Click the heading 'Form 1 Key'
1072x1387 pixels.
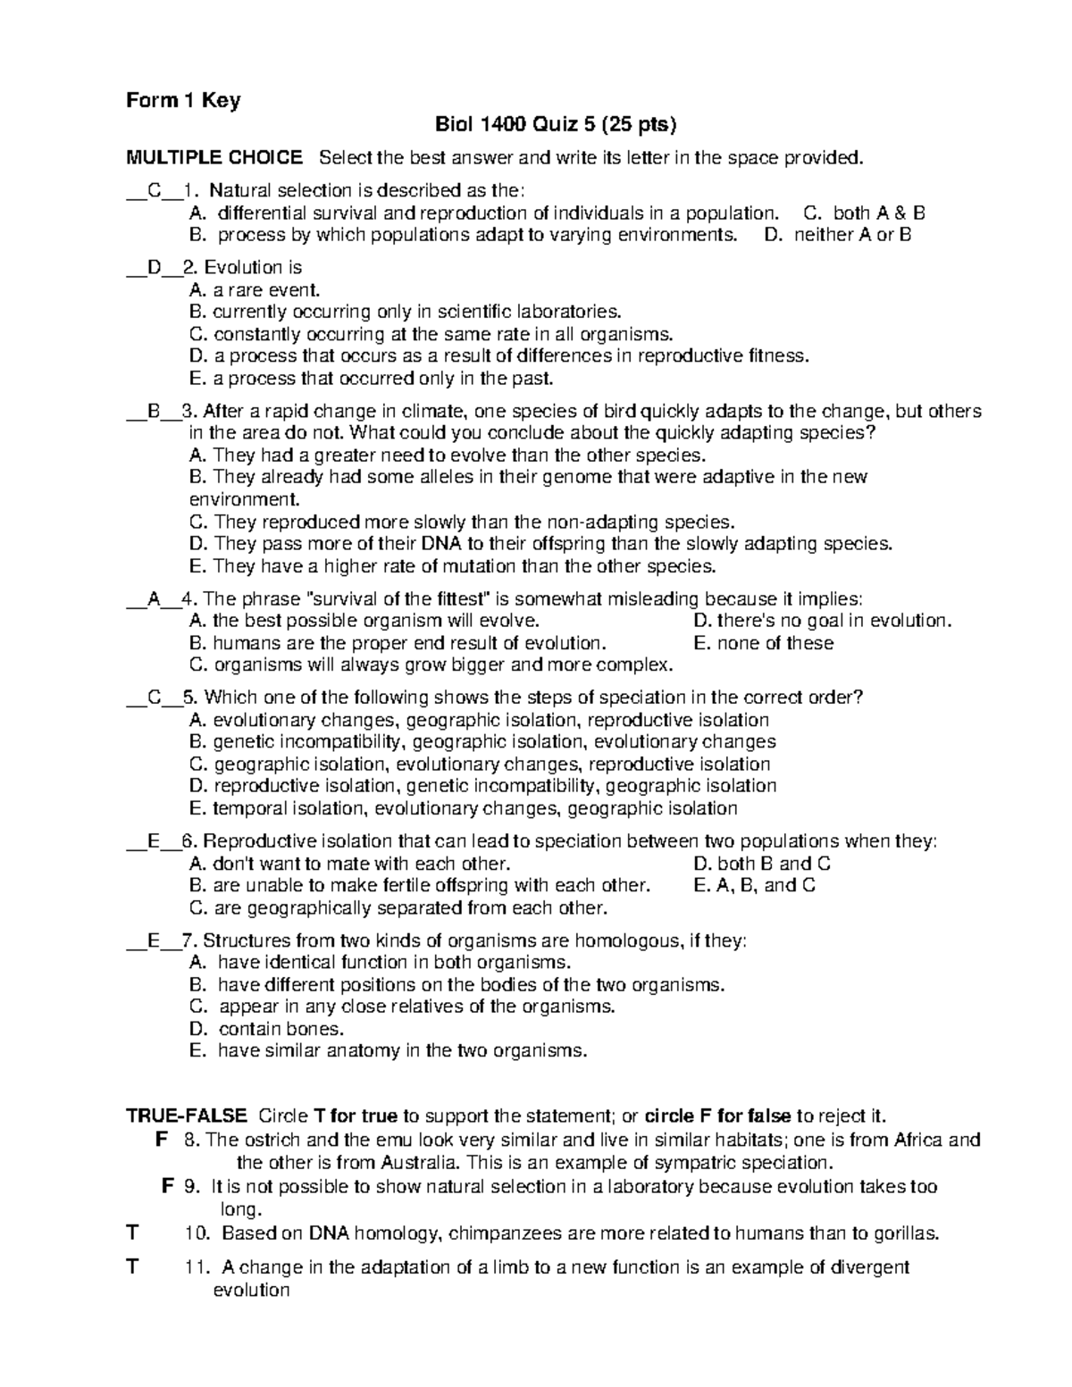183,101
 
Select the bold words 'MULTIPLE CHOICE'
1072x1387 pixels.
214,158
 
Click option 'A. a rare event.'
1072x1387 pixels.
255,289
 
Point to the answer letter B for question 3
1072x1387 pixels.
155,412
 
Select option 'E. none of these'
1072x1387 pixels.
763,643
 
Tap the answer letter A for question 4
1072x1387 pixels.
155,599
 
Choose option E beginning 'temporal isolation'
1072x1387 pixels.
464,808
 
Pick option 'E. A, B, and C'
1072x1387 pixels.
754,885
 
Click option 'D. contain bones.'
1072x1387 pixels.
267,1029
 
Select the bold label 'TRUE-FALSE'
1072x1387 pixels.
187,1115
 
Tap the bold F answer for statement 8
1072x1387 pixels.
161,1140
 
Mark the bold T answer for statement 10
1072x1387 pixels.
133,1233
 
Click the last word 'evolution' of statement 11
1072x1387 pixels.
251,1290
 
